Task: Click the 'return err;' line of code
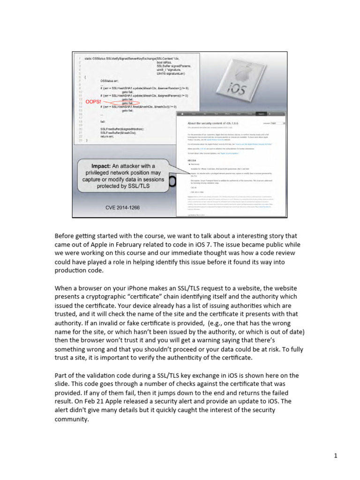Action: point(108,135)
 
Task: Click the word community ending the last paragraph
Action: point(71,419)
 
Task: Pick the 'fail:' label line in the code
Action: point(103,121)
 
